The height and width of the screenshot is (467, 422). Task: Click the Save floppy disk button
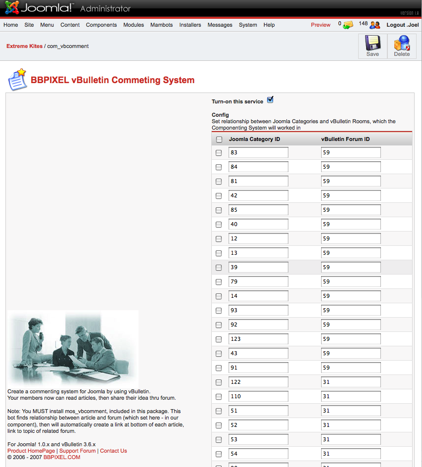[x=373, y=46]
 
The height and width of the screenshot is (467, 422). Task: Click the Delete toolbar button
[x=402, y=46]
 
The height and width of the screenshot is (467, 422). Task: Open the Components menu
[x=101, y=25]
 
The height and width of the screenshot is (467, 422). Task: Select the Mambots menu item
[x=161, y=25]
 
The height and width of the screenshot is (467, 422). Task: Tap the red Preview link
[x=321, y=25]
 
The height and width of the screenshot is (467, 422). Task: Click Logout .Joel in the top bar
[x=402, y=25]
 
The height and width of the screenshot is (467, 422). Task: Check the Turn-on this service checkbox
[x=270, y=100]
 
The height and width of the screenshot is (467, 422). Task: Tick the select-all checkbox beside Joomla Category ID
[x=219, y=140]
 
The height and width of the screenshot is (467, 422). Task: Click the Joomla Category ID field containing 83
[x=258, y=152]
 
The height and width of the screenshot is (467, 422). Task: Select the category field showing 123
[x=258, y=339]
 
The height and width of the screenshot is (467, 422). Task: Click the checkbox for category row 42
[x=219, y=196]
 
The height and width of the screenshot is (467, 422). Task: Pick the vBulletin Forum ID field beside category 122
[x=351, y=382]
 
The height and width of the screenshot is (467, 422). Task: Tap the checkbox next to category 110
[x=219, y=396]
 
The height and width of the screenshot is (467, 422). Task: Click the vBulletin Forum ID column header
[x=345, y=139]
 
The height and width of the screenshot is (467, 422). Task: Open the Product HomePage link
[x=31, y=451]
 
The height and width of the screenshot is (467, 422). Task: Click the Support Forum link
[x=78, y=451]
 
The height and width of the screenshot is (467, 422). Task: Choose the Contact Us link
[x=113, y=451]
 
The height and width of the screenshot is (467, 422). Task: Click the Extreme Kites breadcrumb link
[x=24, y=46]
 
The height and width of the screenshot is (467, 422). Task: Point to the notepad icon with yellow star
[x=17, y=80]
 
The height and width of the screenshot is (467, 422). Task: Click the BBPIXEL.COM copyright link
[x=62, y=457]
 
